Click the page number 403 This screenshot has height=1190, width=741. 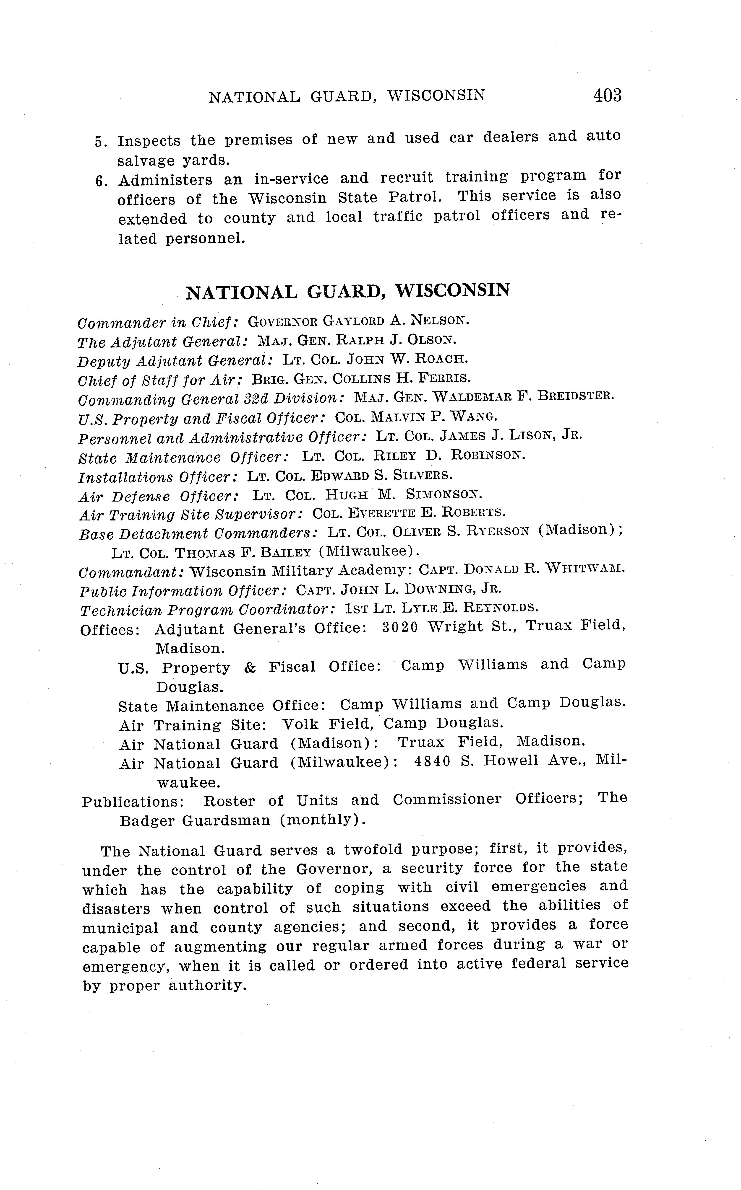coord(607,95)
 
